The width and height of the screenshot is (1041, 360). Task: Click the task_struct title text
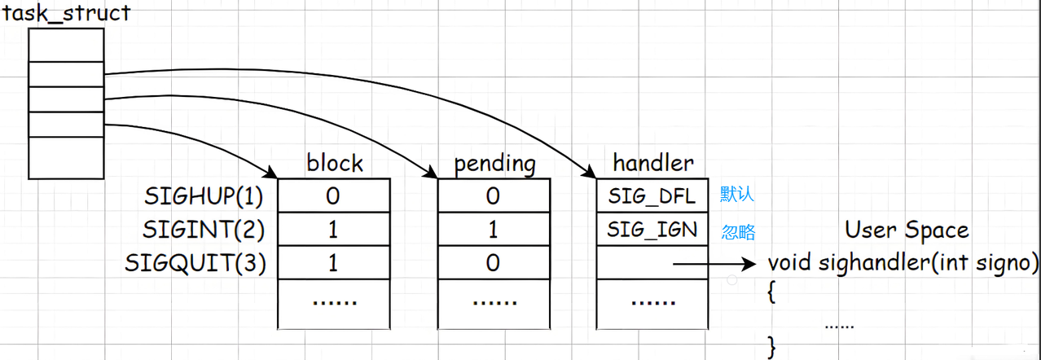click(67, 14)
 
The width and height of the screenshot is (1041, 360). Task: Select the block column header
click(334, 164)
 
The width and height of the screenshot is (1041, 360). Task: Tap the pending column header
click(495, 164)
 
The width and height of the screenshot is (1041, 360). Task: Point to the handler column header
click(653, 164)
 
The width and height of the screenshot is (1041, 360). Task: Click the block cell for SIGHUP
click(333, 196)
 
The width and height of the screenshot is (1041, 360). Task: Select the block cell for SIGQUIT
click(333, 263)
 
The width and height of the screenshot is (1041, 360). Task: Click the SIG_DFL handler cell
click(652, 196)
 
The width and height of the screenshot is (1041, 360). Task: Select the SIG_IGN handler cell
click(652, 230)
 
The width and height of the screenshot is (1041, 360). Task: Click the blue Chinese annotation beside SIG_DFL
click(737, 195)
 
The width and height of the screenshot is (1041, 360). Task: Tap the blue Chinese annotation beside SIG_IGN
click(738, 232)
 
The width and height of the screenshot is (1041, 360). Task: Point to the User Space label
click(906, 230)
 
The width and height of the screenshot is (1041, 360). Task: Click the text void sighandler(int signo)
click(903, 263)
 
